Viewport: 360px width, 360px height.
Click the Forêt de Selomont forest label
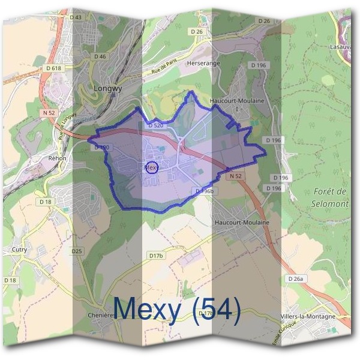pyautogui.click(x=331, y=197)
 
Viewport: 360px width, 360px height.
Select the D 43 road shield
pyautogui.click(x=76, y=17)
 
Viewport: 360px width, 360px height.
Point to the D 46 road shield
pyautogui.click(x=100, y=56)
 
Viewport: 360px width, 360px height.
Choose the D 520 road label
pyautogui.click(x=155, y=125)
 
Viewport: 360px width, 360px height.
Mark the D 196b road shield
pyautogui.click(x=205, y=190)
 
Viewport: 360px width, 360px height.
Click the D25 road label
pyautogui.click(x=76, y=251)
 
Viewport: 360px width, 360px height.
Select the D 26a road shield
pyautogui.click(x=295, y=279)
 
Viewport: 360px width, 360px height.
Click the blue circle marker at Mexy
pyautogui.click(x=151, y=168)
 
